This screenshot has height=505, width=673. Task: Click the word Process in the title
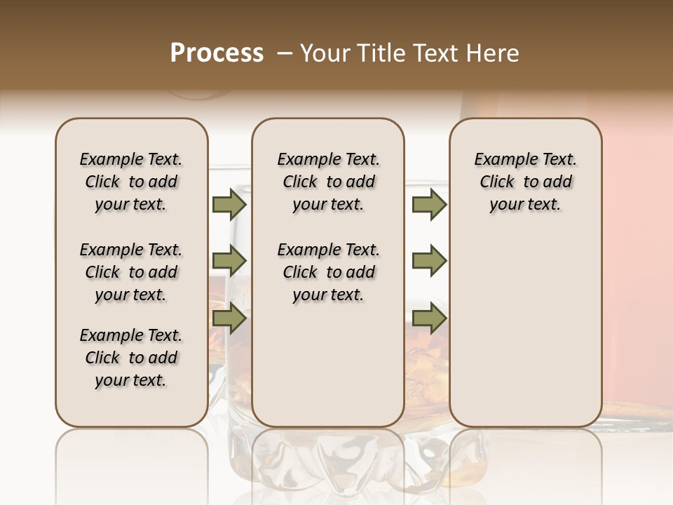coord(217,53)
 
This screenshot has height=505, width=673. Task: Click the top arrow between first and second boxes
coord(229,205)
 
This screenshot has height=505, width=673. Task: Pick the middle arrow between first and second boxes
coord(229,261)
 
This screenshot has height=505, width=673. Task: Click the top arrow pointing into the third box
coord(429,205)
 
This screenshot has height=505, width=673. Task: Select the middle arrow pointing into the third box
coord(429,261)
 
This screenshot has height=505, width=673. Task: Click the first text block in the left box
coord(131,182)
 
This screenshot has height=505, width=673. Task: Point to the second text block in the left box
coord(131,272)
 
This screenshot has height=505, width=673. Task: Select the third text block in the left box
coord(131,358)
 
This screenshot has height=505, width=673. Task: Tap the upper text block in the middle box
coord(328,182)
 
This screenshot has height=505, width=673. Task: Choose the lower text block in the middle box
coord(328,272)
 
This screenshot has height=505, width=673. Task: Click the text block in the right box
coord(525,182)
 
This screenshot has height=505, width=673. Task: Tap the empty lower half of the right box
coord(525,337)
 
